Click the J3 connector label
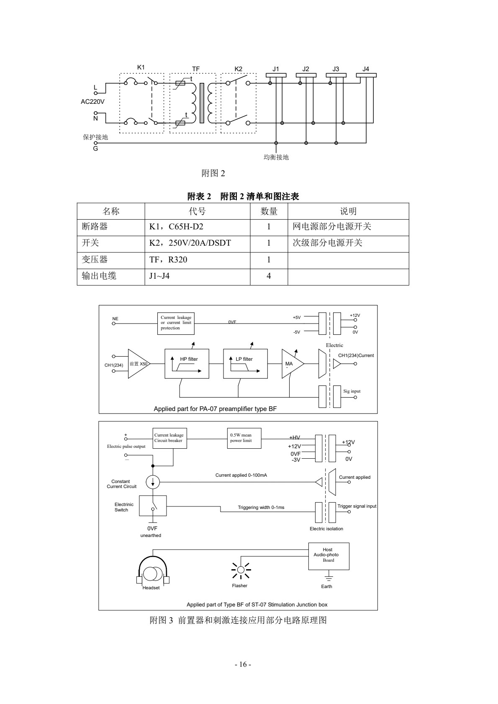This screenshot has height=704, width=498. pos(336,69)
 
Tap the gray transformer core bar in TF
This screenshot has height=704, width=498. pos(202,103)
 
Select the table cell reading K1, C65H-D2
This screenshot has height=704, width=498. pos(197,227)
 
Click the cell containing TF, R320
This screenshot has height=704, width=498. pos(197,260)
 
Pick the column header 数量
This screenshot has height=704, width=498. pos(269,211)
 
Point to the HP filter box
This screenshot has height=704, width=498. pos(187,363)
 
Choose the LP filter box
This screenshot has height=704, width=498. pos(245,363)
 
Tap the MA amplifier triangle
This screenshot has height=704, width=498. pos(290,364)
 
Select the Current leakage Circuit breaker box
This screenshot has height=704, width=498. pos(169,438)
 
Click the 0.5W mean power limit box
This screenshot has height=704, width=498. pos(245,438)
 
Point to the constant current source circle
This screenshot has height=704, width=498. pos(153,482)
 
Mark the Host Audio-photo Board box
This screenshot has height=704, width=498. pos(329,556)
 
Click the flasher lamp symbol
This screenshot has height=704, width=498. pos(241,570)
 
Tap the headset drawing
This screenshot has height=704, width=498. pos(153,572)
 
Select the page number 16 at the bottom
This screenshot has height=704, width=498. pos(243,665)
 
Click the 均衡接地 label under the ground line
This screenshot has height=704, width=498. pos(276,157)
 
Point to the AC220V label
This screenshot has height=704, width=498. pos(92,101)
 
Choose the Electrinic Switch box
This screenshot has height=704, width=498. pos(153,506)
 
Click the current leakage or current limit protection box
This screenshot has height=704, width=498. pos(176,323)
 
